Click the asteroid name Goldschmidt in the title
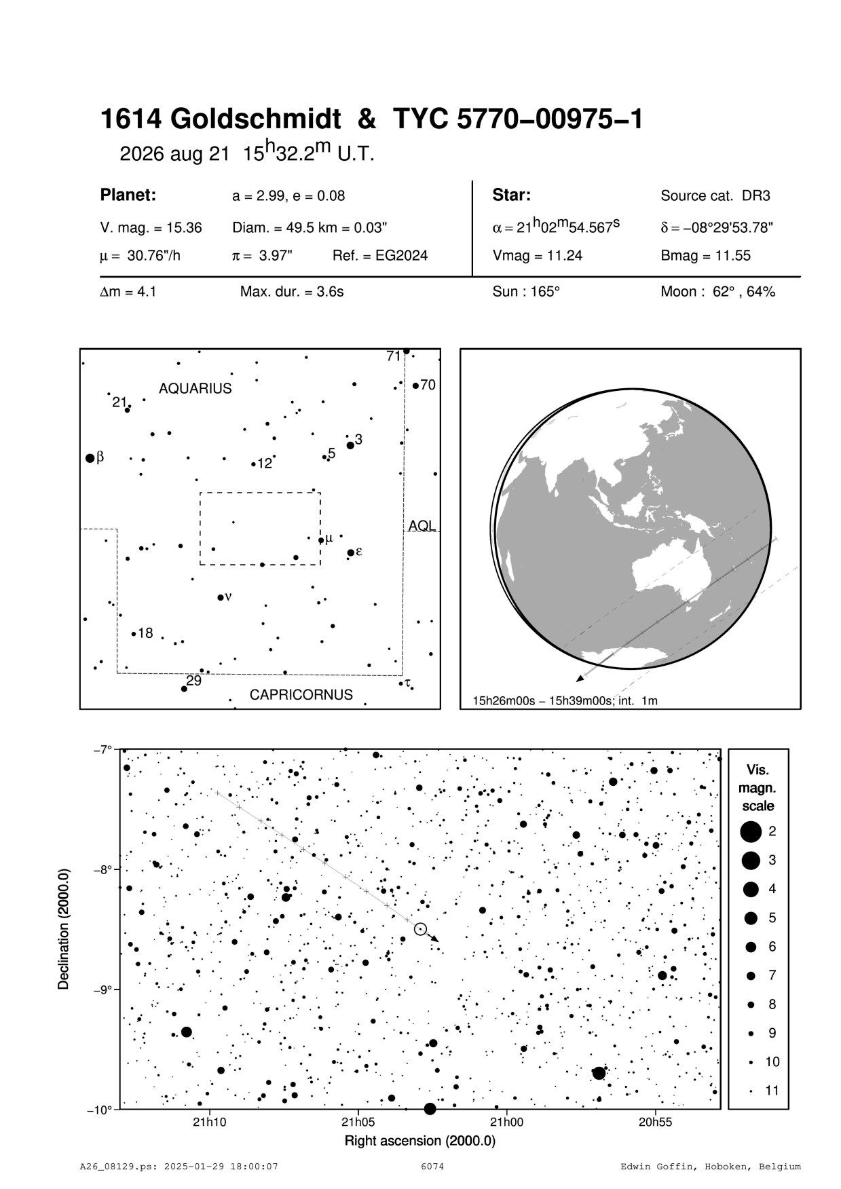coord(255,120)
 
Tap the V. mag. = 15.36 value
coord(151,228)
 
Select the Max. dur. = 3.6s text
coord(292,292)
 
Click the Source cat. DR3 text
coord(715,196)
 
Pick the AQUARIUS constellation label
coord(195,389)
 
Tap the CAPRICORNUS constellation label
coord(301,695)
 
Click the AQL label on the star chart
coord(422,526)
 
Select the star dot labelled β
coord(90,458)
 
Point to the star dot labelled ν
coord(221,597)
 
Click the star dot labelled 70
coord(415,385)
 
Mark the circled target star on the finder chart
coord(420,928)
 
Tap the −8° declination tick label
coord(101,869)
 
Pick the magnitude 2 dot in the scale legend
coord(751,831)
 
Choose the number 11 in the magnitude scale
coord(772,1091)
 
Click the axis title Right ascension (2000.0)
coord(420,1141)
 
